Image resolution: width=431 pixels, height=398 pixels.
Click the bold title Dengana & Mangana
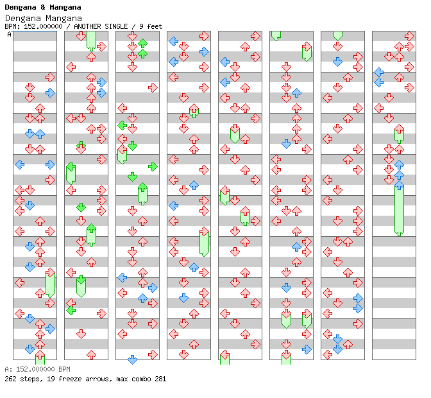[42, 7]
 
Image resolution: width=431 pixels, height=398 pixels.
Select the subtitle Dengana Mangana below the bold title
[43, 18]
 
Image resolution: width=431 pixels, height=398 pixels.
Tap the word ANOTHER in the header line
[88, 26]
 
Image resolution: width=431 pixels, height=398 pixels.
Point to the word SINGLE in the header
[119, 26]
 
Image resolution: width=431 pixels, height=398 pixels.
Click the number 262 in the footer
[12, 379]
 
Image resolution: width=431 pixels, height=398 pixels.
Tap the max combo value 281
[160, 379]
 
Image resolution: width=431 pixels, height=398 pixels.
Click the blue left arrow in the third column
[122, 277]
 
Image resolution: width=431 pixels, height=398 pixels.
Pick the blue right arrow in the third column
[153, 288]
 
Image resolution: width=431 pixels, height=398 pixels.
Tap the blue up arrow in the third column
[142, 298]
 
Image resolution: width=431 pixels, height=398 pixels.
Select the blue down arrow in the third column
[132, 359]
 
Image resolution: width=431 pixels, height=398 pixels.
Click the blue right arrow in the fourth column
[204, 51]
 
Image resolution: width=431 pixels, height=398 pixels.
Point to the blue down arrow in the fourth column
[183, 298]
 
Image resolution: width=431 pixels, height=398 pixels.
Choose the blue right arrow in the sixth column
[307, 349]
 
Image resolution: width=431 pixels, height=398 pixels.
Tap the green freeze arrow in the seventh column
[337, 34]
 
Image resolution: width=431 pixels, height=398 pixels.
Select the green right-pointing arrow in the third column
[153, 166]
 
